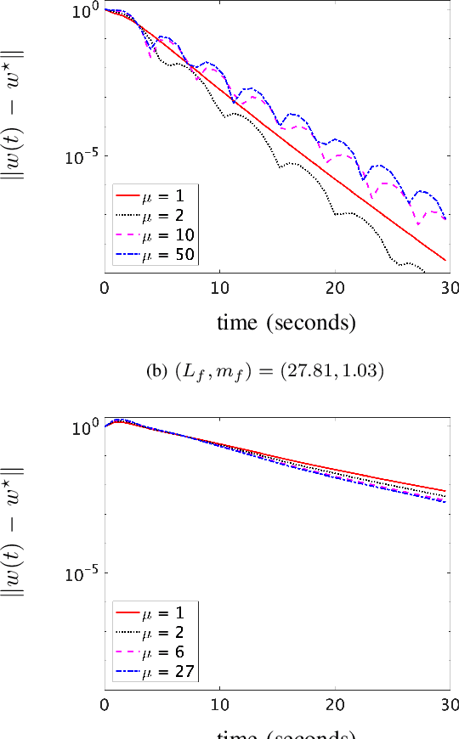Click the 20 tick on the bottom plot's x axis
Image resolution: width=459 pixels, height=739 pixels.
tap(335, 705)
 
